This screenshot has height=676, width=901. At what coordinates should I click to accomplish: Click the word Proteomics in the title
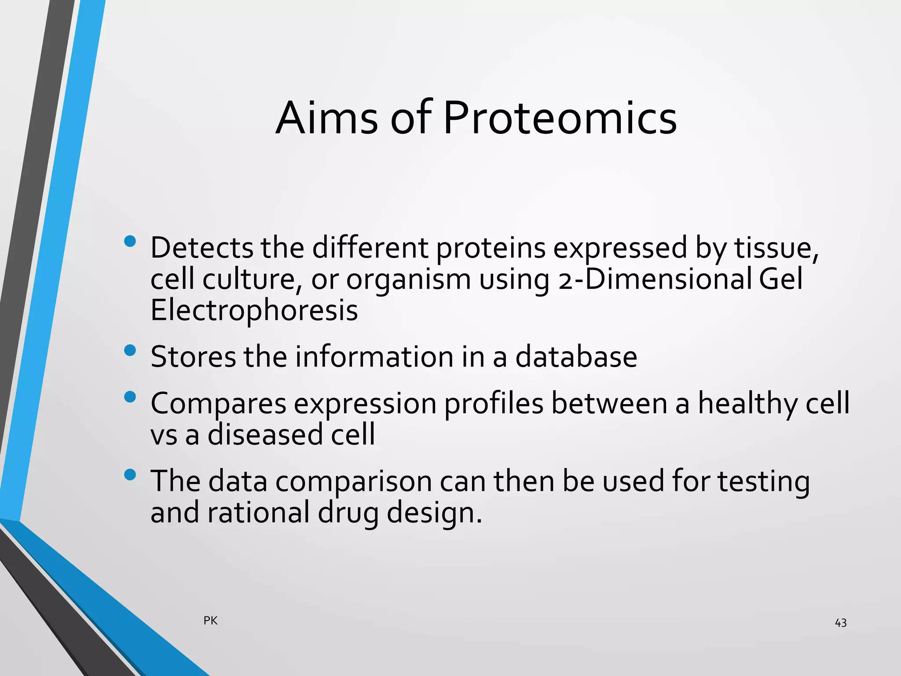tap(560, 118)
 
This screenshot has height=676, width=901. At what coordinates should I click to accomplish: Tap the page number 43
tap(840, 623)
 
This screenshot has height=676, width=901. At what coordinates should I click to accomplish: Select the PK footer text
tap(210, 621)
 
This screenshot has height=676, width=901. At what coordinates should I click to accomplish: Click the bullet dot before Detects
tap(130, 241)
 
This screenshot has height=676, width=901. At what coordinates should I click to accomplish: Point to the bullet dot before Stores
tap(130, 350)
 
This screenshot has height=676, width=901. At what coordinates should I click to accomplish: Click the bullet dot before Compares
tap(130, 397)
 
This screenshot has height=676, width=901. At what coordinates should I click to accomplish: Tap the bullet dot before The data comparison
tap(130, 474)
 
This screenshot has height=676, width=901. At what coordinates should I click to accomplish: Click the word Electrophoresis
tap(254, 310)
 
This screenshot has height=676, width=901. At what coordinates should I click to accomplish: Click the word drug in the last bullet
tap(348, 513)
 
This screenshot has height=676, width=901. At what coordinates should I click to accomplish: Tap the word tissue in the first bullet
tap(776, 248)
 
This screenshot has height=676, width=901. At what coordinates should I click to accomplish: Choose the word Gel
tap(780, 279)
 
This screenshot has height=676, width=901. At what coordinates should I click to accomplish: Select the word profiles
tap(494, 404)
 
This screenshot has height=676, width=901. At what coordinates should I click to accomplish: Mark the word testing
tap(763, 482)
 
